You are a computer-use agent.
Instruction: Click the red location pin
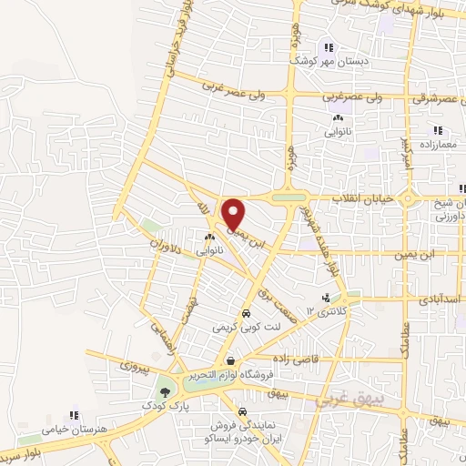(234, 214)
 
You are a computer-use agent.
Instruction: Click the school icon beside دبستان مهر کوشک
(329, 47)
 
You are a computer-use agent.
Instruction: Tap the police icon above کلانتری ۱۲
(326, 298)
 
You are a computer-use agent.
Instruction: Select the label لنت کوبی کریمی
(243, 326)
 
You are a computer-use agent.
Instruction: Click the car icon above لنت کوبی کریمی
(246, 312)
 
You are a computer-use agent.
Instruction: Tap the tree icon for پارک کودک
(165, 392)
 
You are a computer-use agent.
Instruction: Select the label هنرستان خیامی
(73, 428)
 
